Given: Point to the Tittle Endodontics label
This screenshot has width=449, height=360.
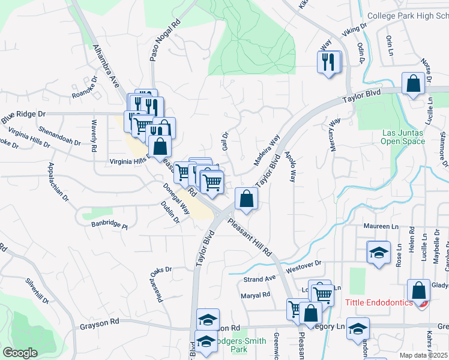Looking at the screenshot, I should click(x=379, y=302).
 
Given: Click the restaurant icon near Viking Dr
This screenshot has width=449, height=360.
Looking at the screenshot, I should click(x=328, y=64).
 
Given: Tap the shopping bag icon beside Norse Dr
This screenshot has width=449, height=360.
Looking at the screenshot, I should click(x=414, y=85).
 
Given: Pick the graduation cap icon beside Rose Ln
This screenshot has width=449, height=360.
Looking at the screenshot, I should click(x=379, y=253).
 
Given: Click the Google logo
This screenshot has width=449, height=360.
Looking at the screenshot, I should click(x=20, y=353).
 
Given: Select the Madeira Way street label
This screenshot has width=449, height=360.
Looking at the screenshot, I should click(x=266, y=151).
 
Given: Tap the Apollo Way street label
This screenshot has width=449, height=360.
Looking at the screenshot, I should click(x=292, y=166).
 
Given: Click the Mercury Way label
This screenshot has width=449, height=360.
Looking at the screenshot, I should click(x=334, y=134).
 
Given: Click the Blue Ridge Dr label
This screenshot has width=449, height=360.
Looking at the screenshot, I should click(x=23, y=113).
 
